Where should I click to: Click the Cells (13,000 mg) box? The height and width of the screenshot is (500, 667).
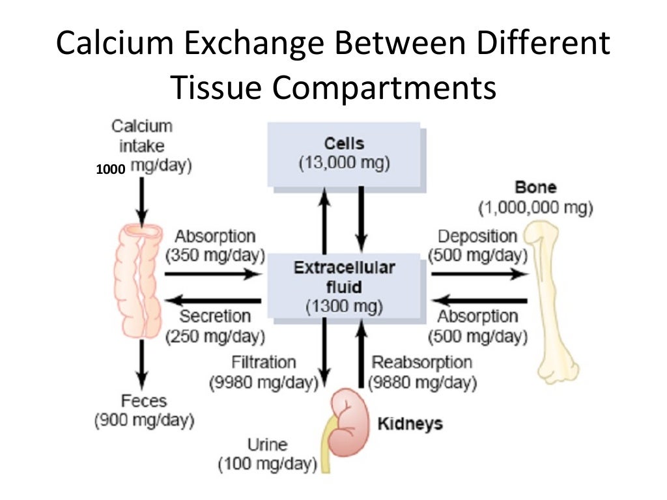(344, 154)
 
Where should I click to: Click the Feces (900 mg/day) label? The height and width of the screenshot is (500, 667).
(144, 410)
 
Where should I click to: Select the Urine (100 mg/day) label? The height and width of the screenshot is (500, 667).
(267, 454)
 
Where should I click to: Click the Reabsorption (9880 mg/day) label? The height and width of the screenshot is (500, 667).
(421, 372)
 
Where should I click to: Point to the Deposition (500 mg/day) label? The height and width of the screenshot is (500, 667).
(477, 245)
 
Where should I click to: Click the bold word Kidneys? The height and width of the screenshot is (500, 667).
(410, 424)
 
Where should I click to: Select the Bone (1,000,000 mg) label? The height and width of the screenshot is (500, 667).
(535, 198)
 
